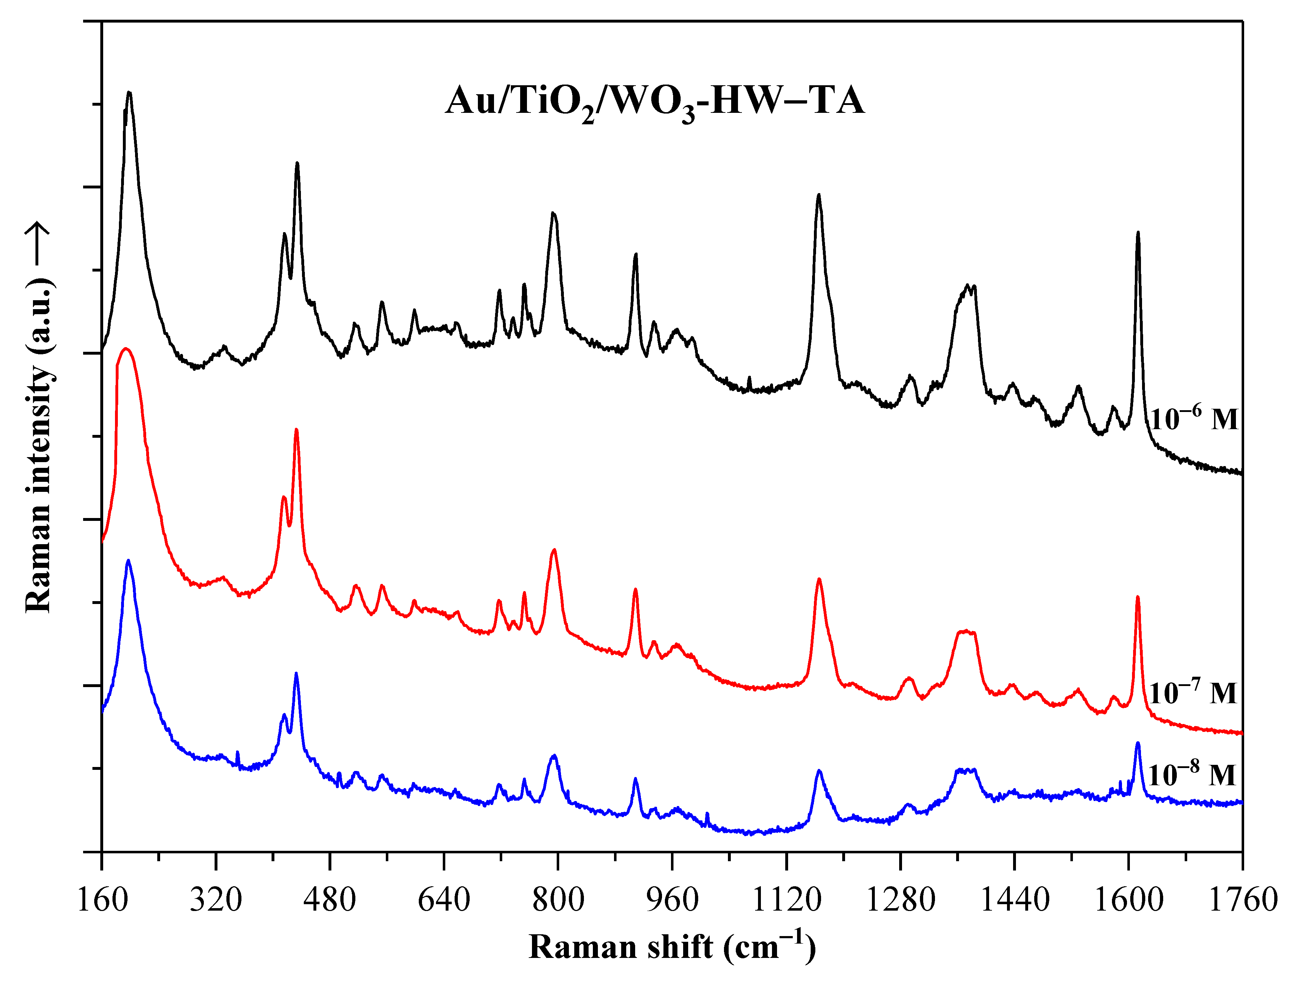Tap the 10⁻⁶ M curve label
pyautogui.click(x=1194, y=419)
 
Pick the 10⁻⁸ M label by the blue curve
pyautogui.click(x=1191, y=775)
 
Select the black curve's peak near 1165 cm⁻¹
pyautogui.click(x=819, y=195)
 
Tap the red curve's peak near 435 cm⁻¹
pyautogui.click(x=297, y=430)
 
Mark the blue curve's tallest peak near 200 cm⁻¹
pyautogui.click(x=128, y=561)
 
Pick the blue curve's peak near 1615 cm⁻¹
pyautogui.click(x=1138, y=743)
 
